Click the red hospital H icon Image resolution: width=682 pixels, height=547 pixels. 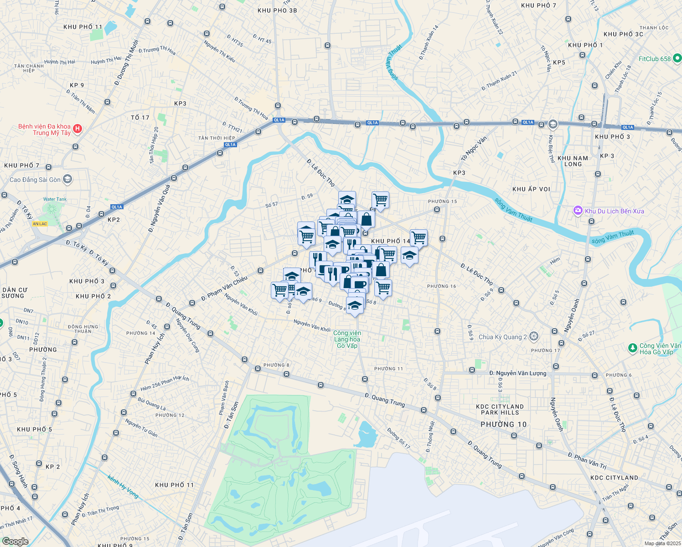pyautogui.click(x=77, y=129)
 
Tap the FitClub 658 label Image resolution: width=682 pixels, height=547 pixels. pyautogui.click(x=655, y=59)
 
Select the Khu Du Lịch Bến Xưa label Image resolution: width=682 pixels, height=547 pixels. pyautogui.click(x=614, y=211)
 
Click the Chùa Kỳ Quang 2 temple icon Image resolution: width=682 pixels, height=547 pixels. pyautogui.click(x=534, y=337)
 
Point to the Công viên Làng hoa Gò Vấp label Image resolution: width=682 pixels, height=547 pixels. pyautogui.click(x=347, y=339)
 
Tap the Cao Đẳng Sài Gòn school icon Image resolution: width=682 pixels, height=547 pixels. pyautogui.click(x=67, y=179)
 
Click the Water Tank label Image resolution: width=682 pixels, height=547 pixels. pyautogui.click(x=55, y=199)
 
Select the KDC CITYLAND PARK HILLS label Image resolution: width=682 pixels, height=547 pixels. pyautogui.click(x=500, y=409)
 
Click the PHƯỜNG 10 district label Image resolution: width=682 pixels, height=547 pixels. pyautogui.click(x=503, y=424)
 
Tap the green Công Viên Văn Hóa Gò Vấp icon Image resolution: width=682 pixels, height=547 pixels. pyautogui.click(x=632, y=348)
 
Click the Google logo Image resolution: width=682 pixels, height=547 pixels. pyautogui.click(x=15, y=541)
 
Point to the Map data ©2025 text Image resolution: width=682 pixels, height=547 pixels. pyautogui.click(x=662, y=543)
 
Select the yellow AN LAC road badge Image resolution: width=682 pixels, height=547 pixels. pyautogui.click(x=40, y=224)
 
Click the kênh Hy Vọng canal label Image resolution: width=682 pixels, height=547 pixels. pyautogui.click(x=123, y=486)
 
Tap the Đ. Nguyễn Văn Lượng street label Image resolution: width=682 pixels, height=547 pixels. pyautogui.click(x=517, y=373)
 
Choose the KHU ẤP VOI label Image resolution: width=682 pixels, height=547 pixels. pyautogui.click(x=531, y=189)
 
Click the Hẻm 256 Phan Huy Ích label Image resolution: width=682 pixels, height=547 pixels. pyautogui.click(x=165, y=383)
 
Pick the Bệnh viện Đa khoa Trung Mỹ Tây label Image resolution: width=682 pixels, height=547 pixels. pyautogui.click(x=45, y=129)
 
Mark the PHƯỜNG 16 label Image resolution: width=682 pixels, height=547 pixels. pyautogui.click(x=441, y=286)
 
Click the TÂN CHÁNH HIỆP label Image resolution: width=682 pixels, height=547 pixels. pyautogui.click(x=29, y=68)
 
